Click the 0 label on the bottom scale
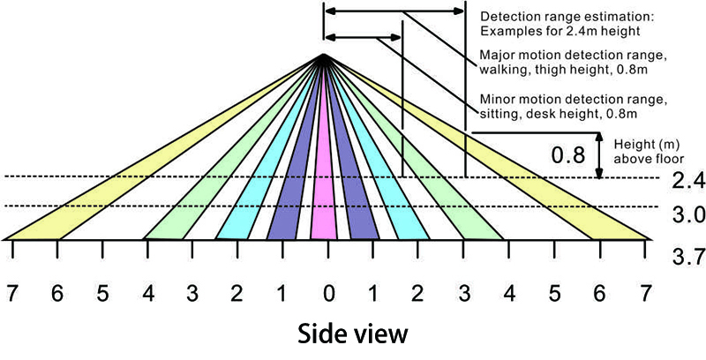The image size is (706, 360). point(328,295)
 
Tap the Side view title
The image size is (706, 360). point(352,334)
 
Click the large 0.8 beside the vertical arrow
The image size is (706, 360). point(568,155)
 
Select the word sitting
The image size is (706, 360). point(495,114)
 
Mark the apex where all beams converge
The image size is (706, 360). point(323,55)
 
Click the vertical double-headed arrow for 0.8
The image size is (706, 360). point(599,155)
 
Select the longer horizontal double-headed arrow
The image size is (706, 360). point(394,11)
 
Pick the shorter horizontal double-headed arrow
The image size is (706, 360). point(363,37)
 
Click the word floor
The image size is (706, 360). point(672,159)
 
